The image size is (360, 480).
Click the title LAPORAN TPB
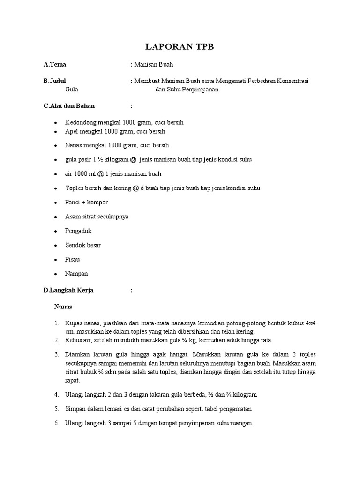180,46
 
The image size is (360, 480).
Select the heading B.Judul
54,82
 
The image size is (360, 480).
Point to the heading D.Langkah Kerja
68,290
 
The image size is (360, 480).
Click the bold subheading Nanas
62,307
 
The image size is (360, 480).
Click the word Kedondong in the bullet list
80,122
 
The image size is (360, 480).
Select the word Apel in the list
72,132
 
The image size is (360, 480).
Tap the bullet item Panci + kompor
87,202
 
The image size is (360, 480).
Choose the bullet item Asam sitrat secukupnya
97,217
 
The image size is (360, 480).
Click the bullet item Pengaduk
78,231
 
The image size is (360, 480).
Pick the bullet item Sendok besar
83,245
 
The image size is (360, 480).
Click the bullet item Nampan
76,273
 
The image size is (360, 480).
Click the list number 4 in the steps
56,395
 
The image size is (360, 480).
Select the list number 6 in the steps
56,423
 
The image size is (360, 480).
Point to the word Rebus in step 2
73,340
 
